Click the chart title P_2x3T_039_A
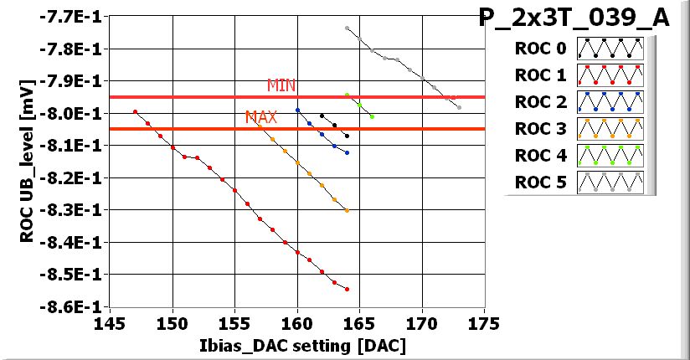(574, 18)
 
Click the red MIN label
(281, 85)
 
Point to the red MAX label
(260, 117)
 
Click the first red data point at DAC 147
(135, 111)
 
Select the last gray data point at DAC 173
(459, 107)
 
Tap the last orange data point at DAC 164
(347, 211)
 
